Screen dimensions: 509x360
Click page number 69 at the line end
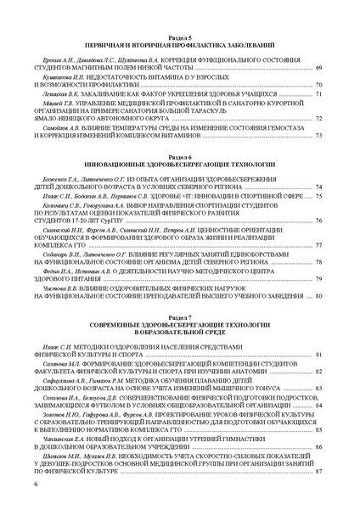tap(318, 67)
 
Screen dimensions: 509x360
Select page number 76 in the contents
tap(318, 221)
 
